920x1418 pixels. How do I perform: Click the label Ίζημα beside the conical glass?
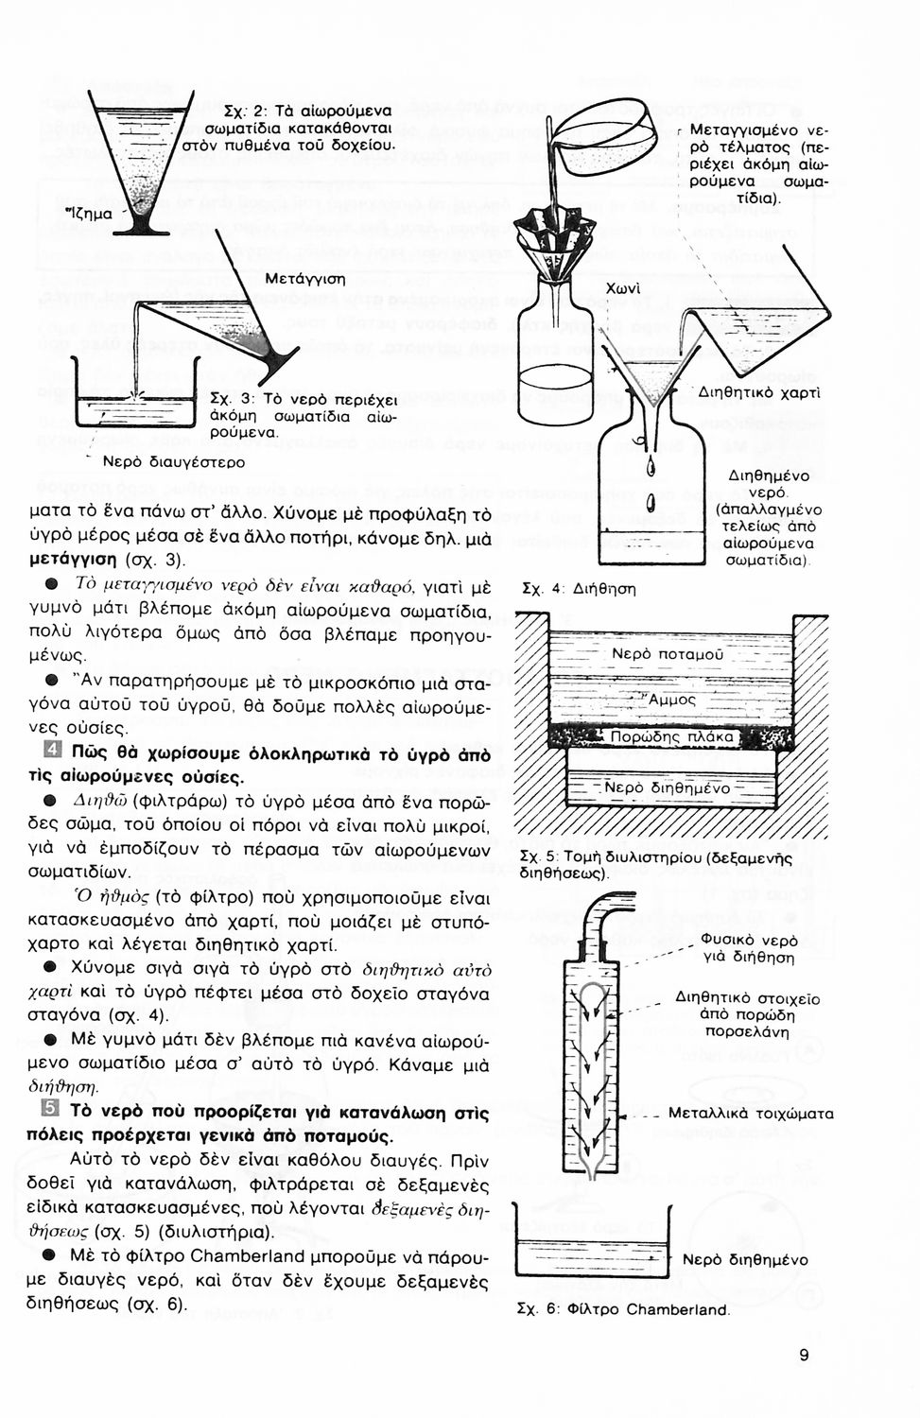88,214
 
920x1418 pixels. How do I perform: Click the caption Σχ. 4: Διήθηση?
579,589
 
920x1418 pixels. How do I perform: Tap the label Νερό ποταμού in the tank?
667,654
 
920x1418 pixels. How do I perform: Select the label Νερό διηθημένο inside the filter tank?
667,787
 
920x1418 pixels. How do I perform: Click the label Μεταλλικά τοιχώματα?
751,1114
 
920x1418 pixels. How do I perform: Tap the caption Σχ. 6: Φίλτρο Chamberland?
624,1309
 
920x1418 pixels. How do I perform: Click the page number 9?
804,1356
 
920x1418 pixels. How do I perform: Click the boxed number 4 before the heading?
53,754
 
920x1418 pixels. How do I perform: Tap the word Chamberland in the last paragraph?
248,1256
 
